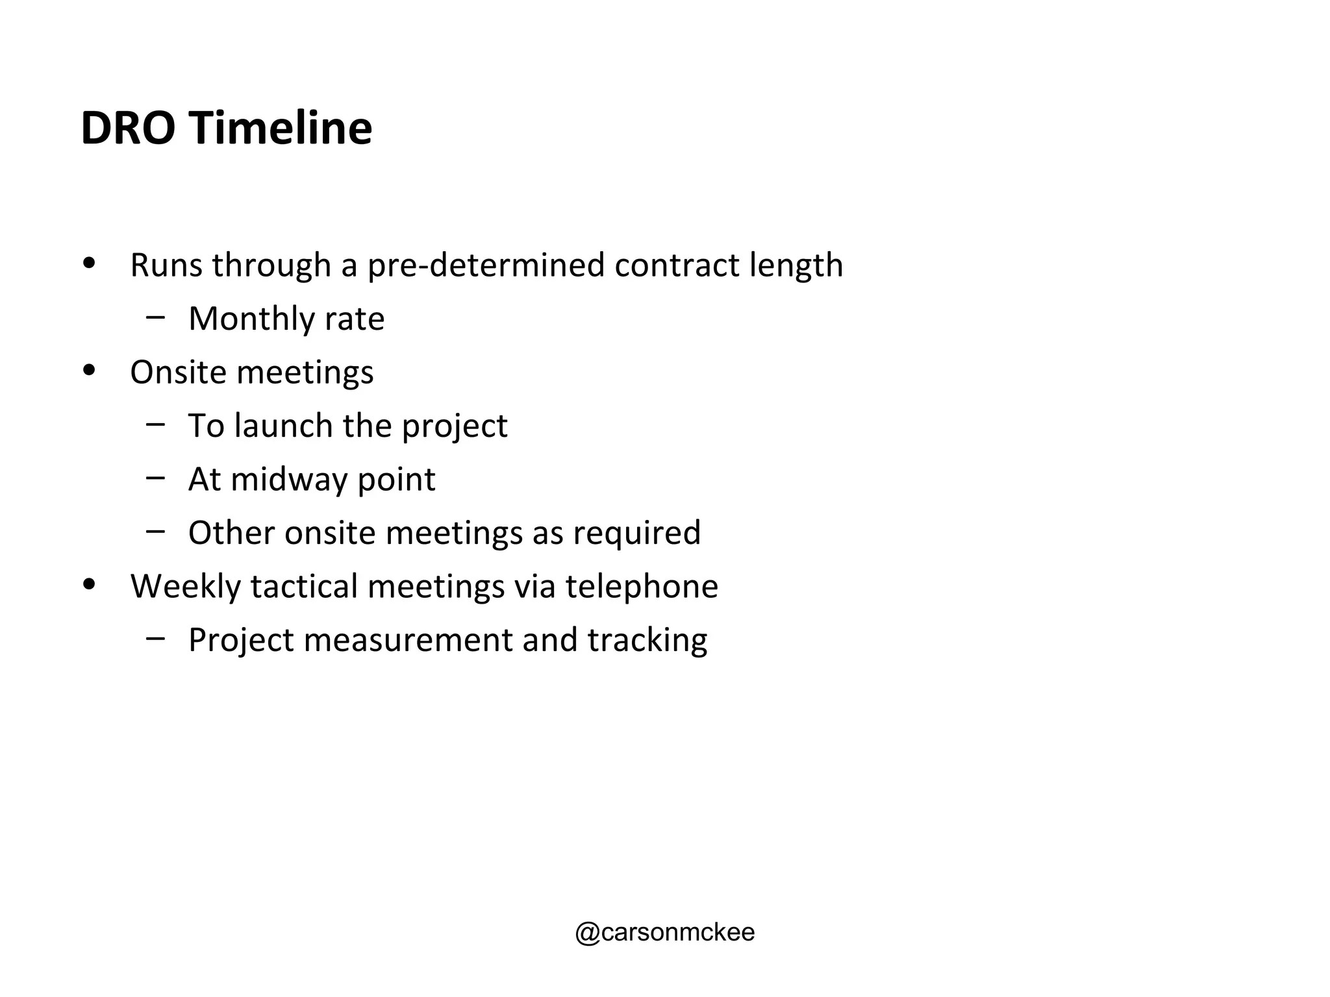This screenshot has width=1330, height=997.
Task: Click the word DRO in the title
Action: click(x=128, y=128)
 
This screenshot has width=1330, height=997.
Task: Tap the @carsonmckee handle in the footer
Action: click(x=664, y=932)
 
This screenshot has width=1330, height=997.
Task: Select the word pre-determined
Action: click(x=486, y=265)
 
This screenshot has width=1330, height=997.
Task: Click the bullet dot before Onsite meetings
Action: click(x=90, y=371)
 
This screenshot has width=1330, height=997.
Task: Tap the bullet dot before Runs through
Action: click(x=90, y=264)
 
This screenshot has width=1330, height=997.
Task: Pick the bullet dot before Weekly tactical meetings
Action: click(x=90, y=585)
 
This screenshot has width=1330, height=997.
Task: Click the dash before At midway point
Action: click(x=156, y=478)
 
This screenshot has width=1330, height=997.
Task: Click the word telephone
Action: click(x=642, y=587)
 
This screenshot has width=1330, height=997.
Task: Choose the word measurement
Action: click(x=408, y=640)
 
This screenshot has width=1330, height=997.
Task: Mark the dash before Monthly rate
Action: click(x=156, y=317)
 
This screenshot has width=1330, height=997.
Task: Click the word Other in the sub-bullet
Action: click(x=231, y=533)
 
